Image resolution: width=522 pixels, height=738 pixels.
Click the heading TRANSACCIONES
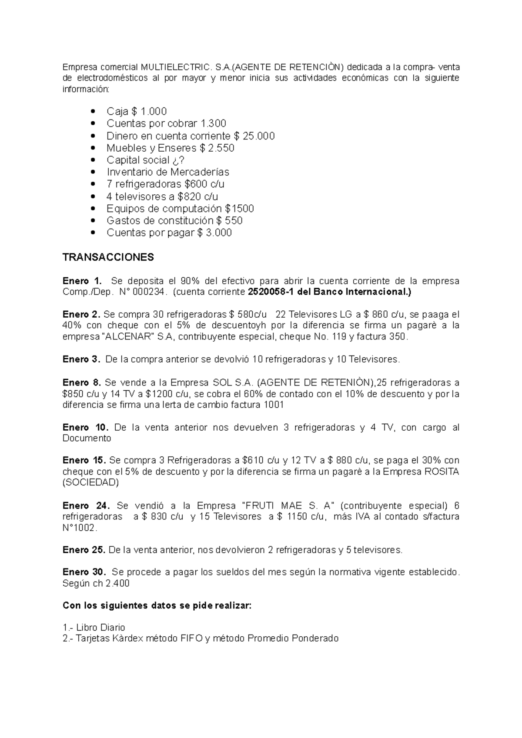tap(108, 257)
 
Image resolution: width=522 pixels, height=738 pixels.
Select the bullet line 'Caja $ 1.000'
tap(137, 111)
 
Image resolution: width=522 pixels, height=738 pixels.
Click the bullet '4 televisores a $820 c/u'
tap(162, 196)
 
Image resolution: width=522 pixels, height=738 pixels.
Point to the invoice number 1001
tap(274, 405)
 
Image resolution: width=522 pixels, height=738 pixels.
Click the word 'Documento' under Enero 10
tap(87, 439)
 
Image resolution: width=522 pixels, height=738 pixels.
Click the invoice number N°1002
tap(80, 528)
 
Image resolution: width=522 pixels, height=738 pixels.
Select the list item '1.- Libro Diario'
tap(94, 628)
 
